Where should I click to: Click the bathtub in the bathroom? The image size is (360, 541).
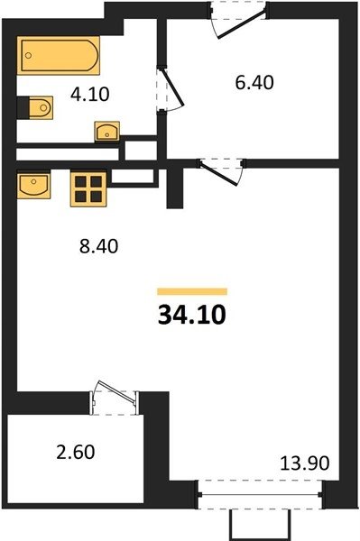coord(59,55)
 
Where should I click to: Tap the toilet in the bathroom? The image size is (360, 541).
coord(41,107)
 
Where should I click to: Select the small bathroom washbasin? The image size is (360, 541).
coord(107,132)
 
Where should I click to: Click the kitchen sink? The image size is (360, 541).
coord(33,186)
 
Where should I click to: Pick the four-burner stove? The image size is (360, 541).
coord(88,188)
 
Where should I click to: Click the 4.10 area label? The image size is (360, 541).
coord(89,94)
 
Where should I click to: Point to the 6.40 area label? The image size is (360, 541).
coord(254,83)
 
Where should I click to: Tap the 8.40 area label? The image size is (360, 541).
coord(98,246)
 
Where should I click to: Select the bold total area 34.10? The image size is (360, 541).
coord(192,316)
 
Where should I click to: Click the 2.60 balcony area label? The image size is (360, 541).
coord(76,452)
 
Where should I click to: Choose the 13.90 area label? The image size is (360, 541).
coord(304,463)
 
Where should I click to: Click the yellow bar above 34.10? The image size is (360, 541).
coord(192,291)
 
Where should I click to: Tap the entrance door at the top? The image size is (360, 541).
coord(238,20)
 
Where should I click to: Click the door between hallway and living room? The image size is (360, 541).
coord(221,171)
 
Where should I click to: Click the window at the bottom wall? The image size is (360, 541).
coord(260,494)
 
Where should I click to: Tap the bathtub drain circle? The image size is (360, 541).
coord(29,55)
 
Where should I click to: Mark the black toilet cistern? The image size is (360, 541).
coord(23,107)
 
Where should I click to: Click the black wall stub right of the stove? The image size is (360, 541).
coord(175,188)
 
